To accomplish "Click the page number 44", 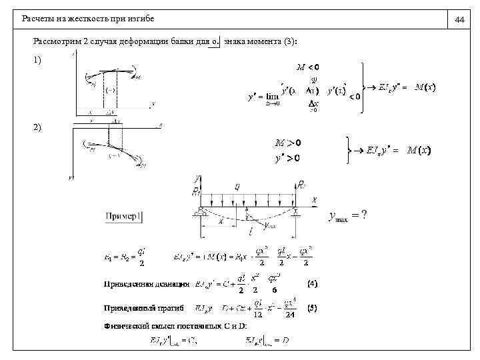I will (459, 20).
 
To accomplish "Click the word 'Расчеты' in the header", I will (37, 20).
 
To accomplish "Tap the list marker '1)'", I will (37, 60).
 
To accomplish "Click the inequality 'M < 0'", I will (307, 67).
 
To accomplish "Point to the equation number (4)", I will (311, 283).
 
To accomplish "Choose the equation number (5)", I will (311, 308).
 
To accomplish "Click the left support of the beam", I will (199, 211).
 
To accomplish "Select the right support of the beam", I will (295, 211).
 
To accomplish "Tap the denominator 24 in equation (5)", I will (291, 315).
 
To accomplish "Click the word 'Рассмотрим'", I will (57, 42).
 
